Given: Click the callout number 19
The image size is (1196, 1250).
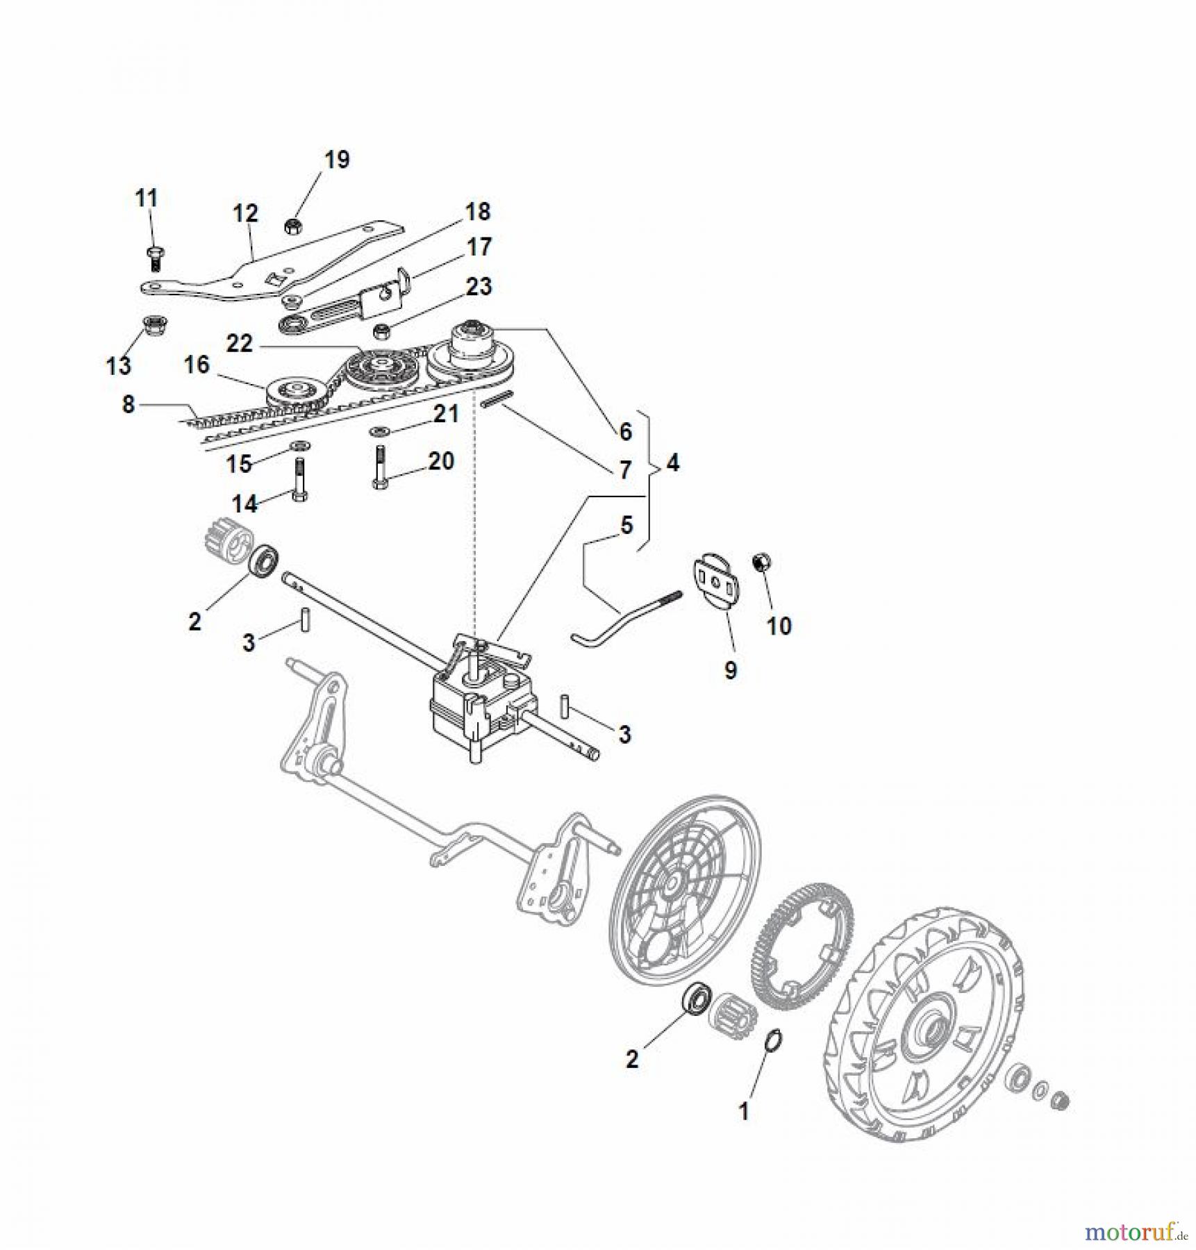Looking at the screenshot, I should click(337, 160).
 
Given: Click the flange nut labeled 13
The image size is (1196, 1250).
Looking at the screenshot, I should click(151, 325).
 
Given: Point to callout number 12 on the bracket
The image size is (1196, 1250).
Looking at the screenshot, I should click(245, 212).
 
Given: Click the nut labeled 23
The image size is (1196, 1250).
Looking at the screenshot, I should click(381, 332).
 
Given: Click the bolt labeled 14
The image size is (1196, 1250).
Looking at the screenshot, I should click(300, 478).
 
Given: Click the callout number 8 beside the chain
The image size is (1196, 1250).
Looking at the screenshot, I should click(128, 404).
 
